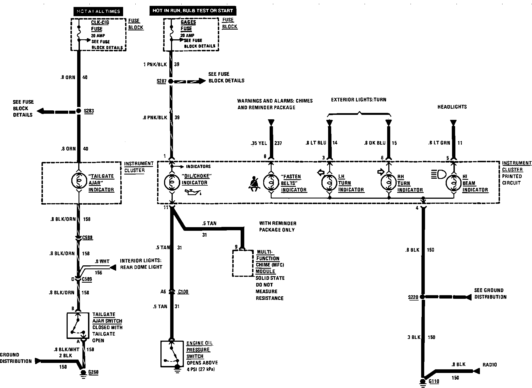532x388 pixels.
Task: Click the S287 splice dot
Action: (171, 81)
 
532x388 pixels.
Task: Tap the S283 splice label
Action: (89, 111)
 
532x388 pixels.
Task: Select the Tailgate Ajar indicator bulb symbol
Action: (79, 181)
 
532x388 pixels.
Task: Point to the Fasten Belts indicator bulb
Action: (271, 182)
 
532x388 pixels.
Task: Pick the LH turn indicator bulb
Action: (329, 182)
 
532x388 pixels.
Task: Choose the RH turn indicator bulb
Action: (389, 182)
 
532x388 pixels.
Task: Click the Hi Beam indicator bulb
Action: (453, 183)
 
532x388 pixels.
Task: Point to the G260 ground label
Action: (93, 372)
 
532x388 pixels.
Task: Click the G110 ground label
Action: (434, 381)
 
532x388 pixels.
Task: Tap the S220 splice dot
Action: (423, 297)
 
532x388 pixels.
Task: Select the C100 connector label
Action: (183, 292)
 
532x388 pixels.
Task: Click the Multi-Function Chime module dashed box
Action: (243, 263)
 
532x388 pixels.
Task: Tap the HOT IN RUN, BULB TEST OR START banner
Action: (192, 11)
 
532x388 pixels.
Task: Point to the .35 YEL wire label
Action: (259, 143)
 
